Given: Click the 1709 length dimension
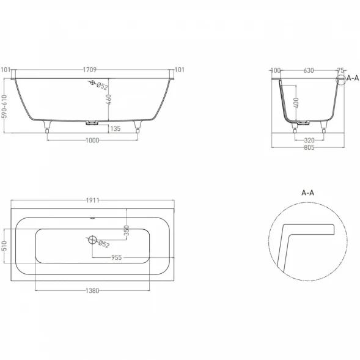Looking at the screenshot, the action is pos(89,70).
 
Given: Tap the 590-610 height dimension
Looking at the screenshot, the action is pos(4,106).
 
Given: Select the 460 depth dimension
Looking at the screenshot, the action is pos(109,100).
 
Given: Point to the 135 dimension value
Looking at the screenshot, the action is pos(116,128).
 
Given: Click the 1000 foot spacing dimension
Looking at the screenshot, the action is pos(92,141).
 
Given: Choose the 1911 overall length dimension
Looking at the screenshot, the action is pos(92,200).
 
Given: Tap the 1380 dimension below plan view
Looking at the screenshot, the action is pos(92,291).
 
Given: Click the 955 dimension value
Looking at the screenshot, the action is pos(116,257).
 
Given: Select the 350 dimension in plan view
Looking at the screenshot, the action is pos(127,230).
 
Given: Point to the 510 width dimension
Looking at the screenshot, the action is pos(4,246).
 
